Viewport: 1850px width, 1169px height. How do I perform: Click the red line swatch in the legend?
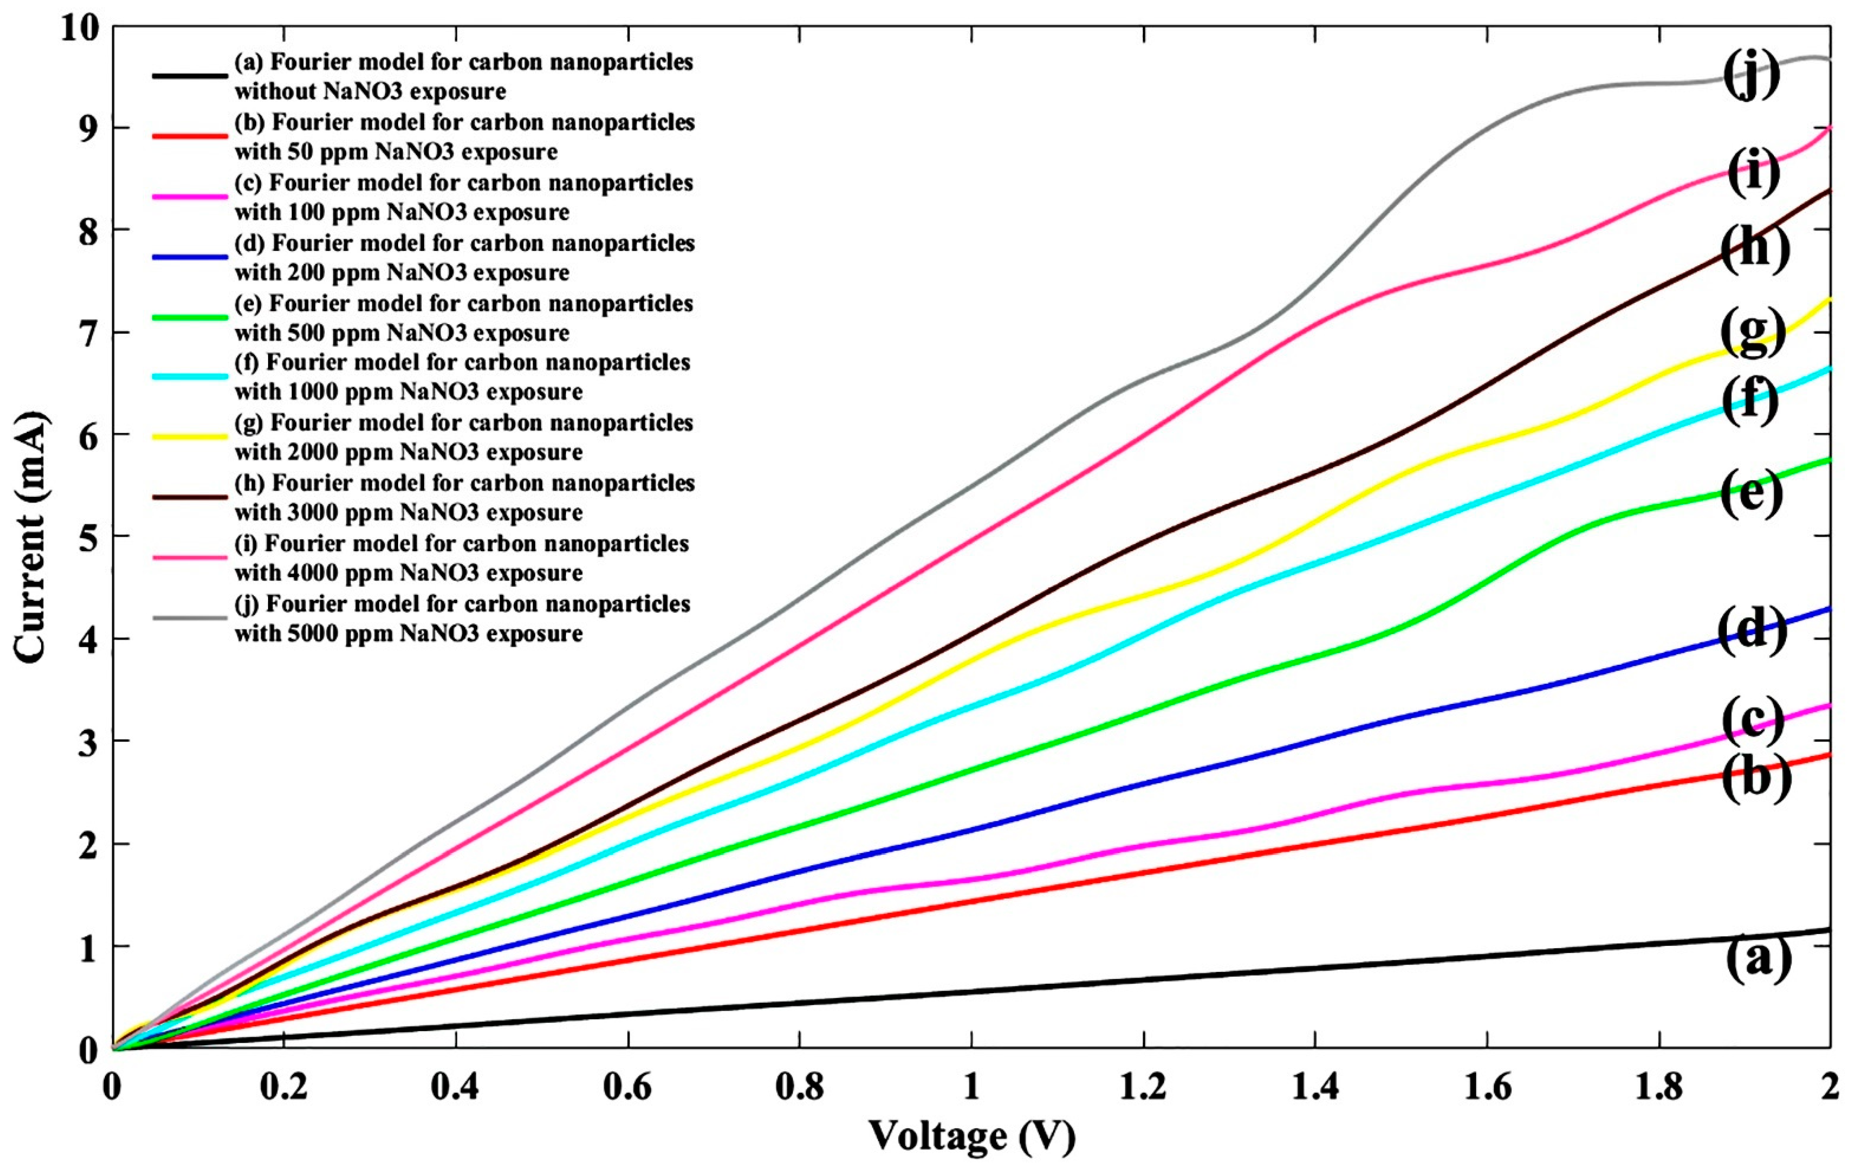[190, 136]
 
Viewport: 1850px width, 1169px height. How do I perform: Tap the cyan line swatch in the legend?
[190, 377]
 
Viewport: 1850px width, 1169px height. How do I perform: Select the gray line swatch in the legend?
[190, 617]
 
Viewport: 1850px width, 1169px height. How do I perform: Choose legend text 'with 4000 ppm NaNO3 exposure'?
[408, 573]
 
